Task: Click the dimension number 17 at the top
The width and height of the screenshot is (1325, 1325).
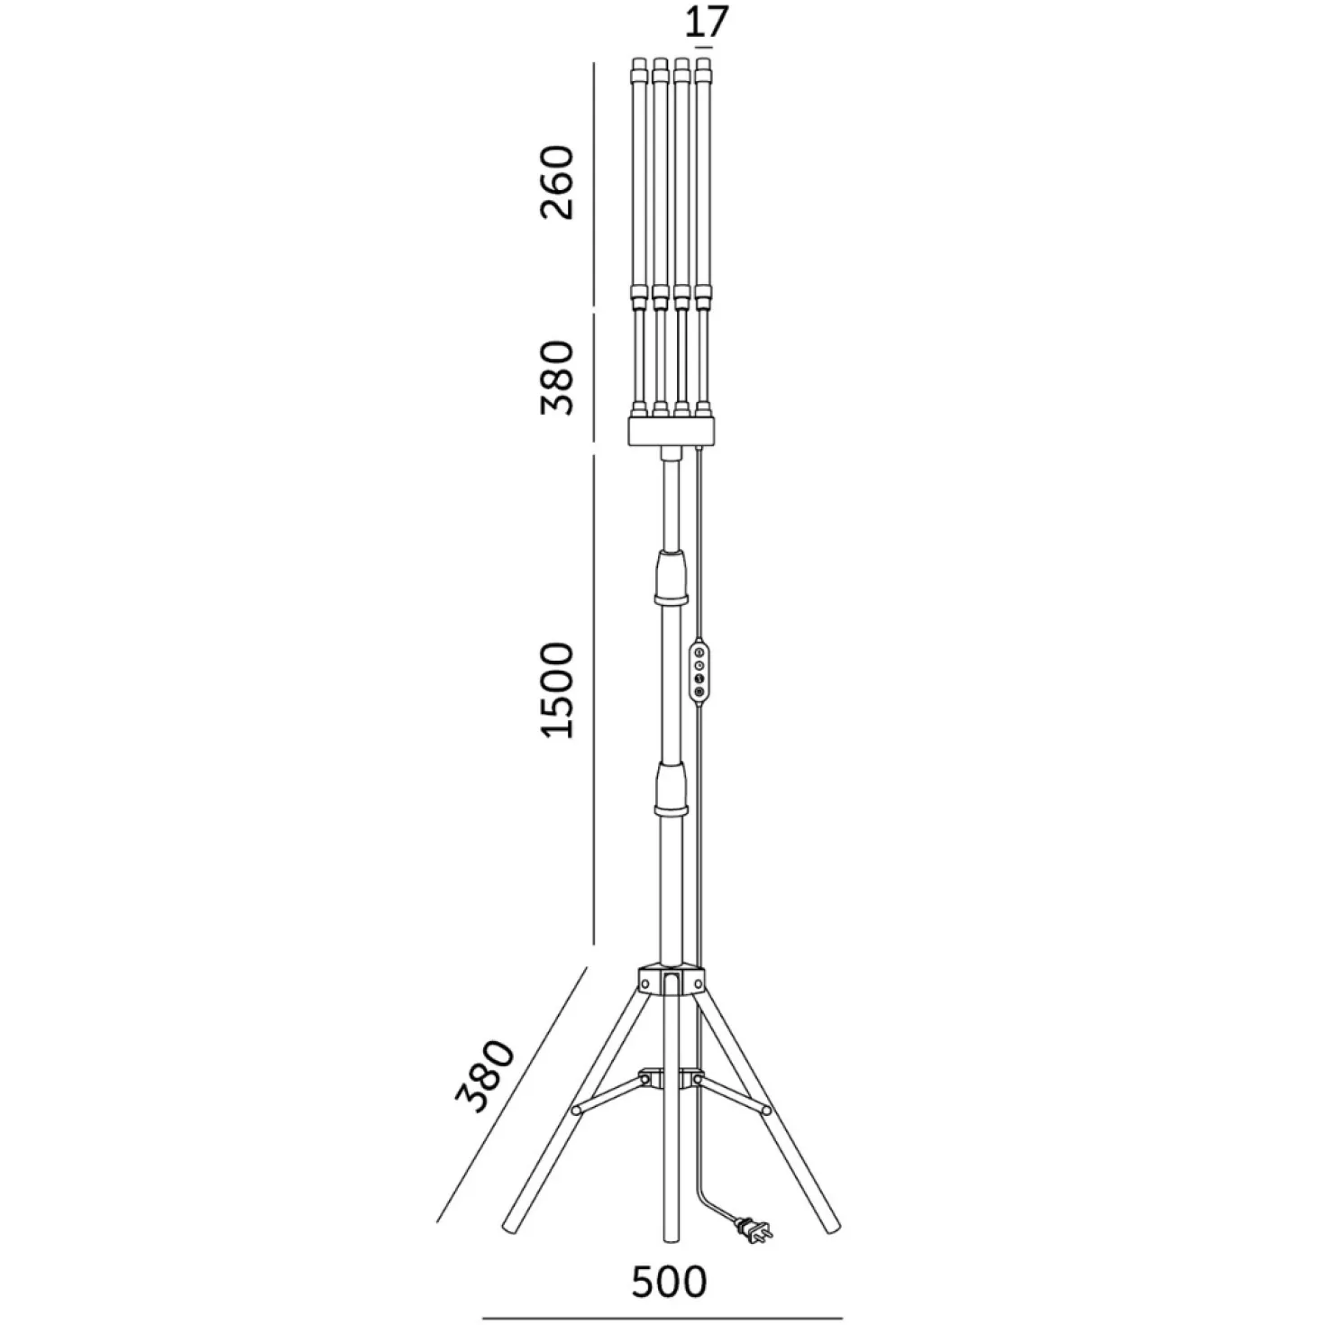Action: pyautogui.click(x=706, y=22)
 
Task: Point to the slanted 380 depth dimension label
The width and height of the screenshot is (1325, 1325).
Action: pyautogui.click(x=485, y=1086)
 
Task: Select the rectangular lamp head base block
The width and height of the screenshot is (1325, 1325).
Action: pyautogui.click(x=672, y=431)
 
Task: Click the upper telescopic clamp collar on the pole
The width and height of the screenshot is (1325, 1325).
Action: pyautogui.click(x=672, y=579)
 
